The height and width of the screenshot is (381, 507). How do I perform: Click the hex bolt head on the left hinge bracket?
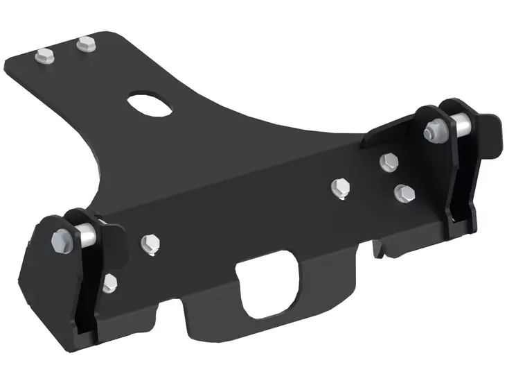tap(60, 241)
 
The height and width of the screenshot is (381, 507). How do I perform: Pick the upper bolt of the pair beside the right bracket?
tap(389, 162)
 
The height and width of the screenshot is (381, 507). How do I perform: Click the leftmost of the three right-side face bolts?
tap(339, 185)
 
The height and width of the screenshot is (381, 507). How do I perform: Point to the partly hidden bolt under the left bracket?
tap(108, 282)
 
